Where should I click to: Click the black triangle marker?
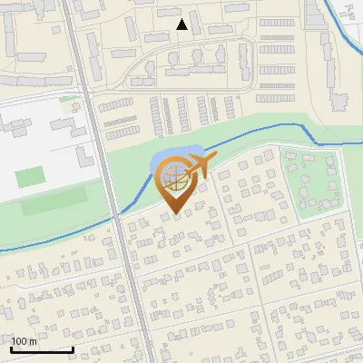coord(182,25)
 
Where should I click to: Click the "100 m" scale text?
coord(24,340)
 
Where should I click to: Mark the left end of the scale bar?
coord(11,348)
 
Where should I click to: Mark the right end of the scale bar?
coord(73,348)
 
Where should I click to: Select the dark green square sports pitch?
coord(30,176)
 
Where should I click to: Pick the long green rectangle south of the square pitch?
coord(50,202)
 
